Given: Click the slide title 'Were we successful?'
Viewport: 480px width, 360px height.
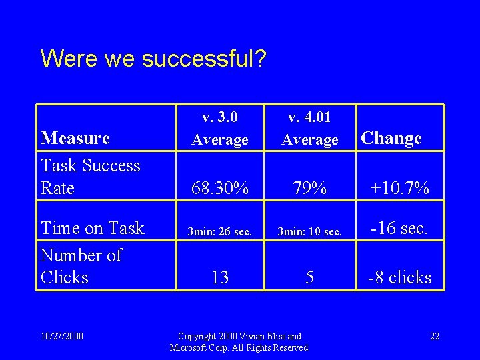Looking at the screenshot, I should tap(153, 58).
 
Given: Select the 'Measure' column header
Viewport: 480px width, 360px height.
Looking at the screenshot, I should tap(75, 138).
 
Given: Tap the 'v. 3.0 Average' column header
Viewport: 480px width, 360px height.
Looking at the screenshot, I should tap(220, 129).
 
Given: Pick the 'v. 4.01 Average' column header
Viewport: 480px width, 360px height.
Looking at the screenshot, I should tap(310, 129).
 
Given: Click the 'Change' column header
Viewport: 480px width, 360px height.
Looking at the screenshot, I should tap(391, 138).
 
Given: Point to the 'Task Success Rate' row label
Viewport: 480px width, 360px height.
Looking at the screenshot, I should tap(90, 177).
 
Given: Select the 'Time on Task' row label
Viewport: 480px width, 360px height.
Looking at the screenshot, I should tap(92, 228).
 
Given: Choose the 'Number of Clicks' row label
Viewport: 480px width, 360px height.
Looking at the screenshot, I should tap(81, 266).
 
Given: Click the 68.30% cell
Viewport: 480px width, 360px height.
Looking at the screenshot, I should tap(220, 189).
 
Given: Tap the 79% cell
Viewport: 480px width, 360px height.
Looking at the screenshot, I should tap(310, 189).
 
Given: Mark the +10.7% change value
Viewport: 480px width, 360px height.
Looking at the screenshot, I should tap(400, 189).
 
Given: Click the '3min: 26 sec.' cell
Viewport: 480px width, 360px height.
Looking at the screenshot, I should tap(219, 232).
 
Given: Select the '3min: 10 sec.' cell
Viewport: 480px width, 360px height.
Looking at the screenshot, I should tap(310, 232).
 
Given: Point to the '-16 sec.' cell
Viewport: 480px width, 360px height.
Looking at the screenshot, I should tap(399, 228).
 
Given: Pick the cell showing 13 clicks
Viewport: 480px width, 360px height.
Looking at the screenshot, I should tap(220, 277).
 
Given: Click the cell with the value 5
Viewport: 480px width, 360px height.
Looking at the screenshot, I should tap(310, 277).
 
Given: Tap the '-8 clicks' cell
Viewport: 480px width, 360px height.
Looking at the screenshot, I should tap(400, 277).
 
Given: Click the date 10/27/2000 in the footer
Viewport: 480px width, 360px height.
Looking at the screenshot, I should tap(62, 336).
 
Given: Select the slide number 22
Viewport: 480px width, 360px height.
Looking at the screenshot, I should tap(434, 336).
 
